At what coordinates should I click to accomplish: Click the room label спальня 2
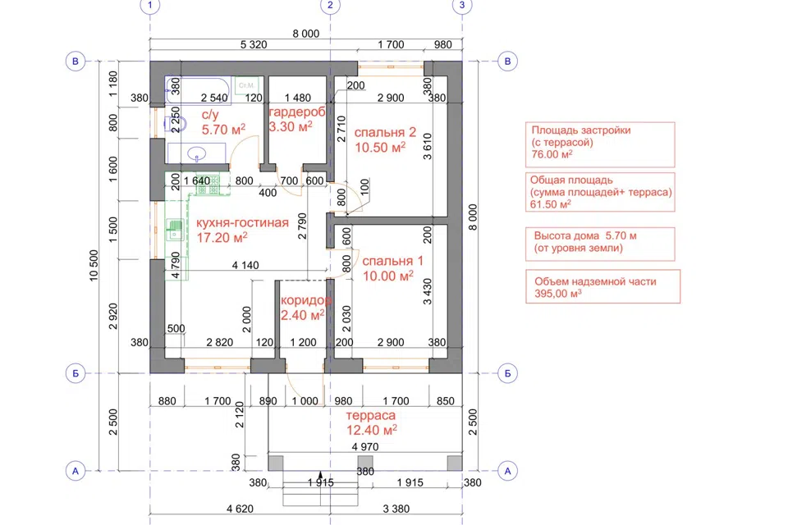385,133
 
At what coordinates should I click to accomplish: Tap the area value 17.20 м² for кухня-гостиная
222,237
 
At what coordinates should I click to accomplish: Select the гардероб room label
297,112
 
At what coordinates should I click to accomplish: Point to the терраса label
370,415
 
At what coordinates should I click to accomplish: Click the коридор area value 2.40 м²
303,315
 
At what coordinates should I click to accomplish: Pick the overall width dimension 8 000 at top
306,34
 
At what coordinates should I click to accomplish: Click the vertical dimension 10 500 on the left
94,266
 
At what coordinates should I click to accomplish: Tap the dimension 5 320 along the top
254,45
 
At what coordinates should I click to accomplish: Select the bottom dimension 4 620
240,509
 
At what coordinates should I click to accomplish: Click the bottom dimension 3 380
396,509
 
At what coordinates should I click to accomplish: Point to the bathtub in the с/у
198,90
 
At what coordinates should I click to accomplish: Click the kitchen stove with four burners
208,185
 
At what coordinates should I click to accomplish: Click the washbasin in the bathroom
196,153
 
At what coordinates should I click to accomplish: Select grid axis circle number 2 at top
330,6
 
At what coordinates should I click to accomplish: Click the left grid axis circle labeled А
76,471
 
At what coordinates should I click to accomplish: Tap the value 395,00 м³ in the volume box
558,294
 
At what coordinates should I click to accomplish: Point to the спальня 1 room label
393,261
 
